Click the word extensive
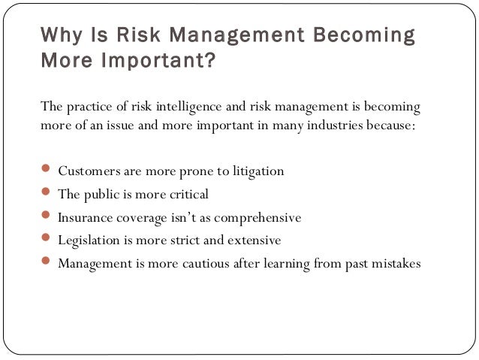coord(255,241)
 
